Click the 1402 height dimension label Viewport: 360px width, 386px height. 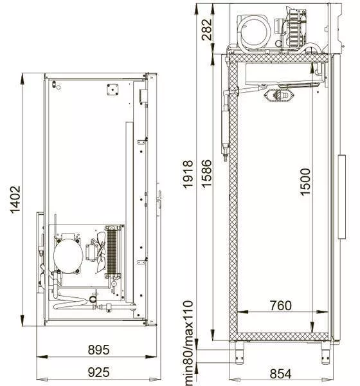[x=15, y=200]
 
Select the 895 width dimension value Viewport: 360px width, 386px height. [x=98, y=349]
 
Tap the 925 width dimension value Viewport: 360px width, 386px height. [x=98, y=372]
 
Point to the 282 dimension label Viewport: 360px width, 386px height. [x=207, y=30]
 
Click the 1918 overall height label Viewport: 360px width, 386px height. [x=188, y=174]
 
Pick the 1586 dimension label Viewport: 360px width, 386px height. [x=207, y=174]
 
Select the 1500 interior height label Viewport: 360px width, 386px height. [x=305, y=182]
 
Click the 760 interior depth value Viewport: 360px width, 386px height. [x=281, y=306]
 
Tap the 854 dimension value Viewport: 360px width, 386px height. [x=281, y=374]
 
